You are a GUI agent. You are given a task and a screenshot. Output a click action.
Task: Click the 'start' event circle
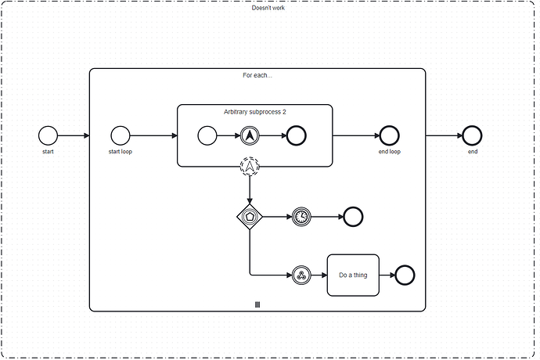49,135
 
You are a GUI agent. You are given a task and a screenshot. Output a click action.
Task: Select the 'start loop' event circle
120,135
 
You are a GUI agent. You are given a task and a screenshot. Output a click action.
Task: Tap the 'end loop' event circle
389,135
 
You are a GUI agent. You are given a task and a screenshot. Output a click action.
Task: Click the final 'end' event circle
472,135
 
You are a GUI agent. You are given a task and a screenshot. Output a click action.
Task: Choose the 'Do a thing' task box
353,275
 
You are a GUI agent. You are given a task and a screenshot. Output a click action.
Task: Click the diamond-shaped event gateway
250,216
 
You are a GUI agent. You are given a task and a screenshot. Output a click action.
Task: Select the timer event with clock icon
301,216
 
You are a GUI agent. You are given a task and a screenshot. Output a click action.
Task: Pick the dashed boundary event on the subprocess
250,166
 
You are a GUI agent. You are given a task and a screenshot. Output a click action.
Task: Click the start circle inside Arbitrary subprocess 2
207,135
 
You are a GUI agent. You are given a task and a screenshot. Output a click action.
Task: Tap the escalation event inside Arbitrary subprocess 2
250,135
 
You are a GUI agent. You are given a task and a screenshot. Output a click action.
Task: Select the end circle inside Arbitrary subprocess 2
296,135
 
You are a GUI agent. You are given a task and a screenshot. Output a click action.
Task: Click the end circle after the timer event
352,216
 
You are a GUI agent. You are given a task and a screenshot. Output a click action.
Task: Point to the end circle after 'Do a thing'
405,275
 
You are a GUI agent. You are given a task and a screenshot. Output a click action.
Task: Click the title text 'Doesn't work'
268,7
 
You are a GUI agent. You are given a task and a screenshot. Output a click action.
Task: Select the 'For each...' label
257,76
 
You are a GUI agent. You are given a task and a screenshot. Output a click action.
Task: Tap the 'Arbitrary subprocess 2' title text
255,112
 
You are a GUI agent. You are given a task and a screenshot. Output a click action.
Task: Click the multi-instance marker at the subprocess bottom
257,304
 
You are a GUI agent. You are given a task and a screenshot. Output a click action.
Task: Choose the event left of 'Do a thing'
301,275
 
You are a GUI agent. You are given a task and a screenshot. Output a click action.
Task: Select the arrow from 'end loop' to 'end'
443,135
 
